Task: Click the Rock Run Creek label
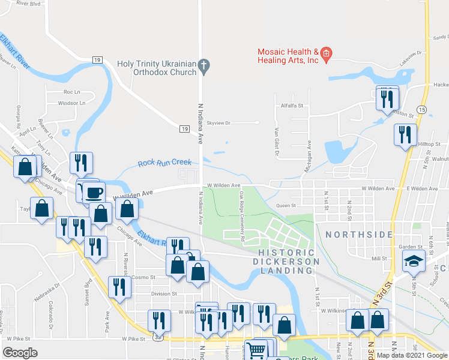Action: pyautogui.click(x=164, y=163)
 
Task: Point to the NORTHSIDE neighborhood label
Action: pyautogui.click(x=359, y=235)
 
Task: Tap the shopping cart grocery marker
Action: pyautogui.click(x=256, y=349)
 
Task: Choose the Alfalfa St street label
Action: pyautogui.click(x=292, y=105)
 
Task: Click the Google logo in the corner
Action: pyautogui.click(x=20, y=353)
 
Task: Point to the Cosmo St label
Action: pyautogui.click(x=144, y=277)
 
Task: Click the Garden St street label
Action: pyautogui.click(x=411, y=247)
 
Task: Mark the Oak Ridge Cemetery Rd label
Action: pyautogui.click(x=242, y=217)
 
